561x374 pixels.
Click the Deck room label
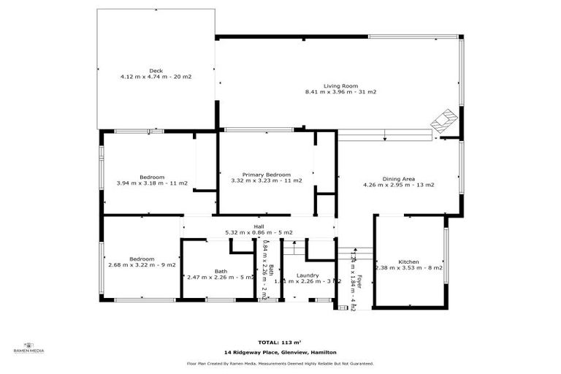[156, 70]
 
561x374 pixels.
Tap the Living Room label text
[340, 85]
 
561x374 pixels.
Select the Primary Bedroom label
[261, 175]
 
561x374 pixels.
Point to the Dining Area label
[399, 178]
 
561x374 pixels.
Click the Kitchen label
[408, 262]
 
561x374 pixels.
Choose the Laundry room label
[308, 275]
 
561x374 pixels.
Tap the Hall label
[259, 226]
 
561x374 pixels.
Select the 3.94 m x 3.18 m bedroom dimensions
[152, 183]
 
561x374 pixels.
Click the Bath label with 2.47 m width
[221, 271]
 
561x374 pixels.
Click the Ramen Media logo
[29, 347]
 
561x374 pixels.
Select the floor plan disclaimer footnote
[280, 363]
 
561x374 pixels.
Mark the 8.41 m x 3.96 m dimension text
[340, 92]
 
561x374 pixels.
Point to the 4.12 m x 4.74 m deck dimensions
[156, 77]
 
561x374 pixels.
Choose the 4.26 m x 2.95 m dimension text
[399, 185]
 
